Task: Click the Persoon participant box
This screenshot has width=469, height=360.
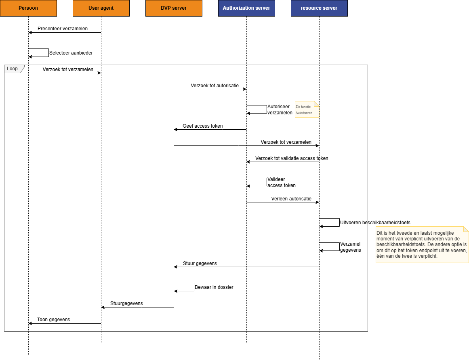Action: pyautogui.click(x=28, y=8)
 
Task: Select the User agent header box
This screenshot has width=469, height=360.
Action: pyautogui.click(x=101, y=8)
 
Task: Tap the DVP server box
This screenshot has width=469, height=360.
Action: pyautogui.click(x=174, y=8)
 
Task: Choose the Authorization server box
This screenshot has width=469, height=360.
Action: pyautogui.click(x=246, y=8)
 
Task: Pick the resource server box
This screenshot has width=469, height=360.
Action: pyautogui.click(x=319, y=8)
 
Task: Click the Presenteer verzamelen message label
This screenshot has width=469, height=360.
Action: pyautogui.click(x=63, y=29)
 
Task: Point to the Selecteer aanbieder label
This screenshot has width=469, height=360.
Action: pyautogui.click(x=71, y=53)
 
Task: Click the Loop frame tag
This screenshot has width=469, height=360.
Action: pyautogui.click(x=13, y=69)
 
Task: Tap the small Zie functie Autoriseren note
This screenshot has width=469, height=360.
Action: pyautogui.click(x=306, y=109)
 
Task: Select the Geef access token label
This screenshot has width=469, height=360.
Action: pyautogui.click(x=202, y=126)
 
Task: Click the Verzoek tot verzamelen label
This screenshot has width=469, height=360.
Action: pyautogui.click(x=286, y=142)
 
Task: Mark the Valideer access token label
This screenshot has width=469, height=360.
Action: pyautogui.click(x=281, y=182)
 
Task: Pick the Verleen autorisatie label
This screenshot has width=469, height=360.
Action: pyautogui.click(x=291, y=199)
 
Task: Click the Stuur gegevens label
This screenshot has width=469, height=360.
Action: pyautogui.click(x=200, y=263)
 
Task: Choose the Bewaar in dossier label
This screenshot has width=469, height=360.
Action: pyautogui.click(x=214, y=287)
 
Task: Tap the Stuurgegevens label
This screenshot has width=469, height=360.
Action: pyautogui.click(x=126, y=303)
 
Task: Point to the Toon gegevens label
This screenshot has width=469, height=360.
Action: pyautogui.click(x=53, y=320)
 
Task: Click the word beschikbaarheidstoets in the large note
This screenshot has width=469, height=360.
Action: pyautogui.click(x=402, y=244)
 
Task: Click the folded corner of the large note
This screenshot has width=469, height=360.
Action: pyautogui.click(x=466, y=229)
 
